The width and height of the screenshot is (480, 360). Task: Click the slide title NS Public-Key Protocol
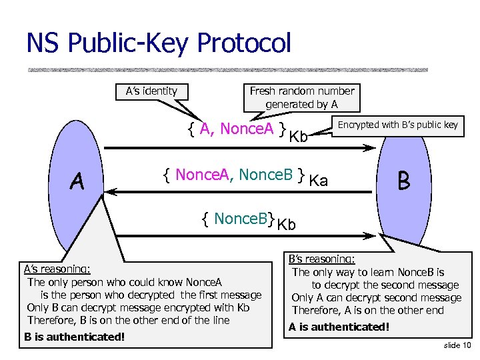(159, 43)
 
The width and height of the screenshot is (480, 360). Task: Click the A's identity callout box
(151, 91)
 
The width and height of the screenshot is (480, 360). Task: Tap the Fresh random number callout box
(301, 97)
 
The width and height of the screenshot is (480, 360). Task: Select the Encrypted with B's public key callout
(398, 125)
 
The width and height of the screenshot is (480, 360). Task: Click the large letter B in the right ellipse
(404, 180)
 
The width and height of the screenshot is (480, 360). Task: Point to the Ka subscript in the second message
(319, 181)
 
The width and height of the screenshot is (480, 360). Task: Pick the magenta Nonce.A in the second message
(203, 175)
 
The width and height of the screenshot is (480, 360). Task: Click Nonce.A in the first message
(247, 129)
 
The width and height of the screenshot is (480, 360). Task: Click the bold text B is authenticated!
(74, 337)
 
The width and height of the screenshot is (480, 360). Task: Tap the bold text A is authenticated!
(339, 327)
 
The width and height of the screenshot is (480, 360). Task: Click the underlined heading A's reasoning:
(57, 269)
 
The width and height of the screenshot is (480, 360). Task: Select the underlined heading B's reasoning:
(321, 259)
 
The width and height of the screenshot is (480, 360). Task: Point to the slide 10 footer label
(457, 345)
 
